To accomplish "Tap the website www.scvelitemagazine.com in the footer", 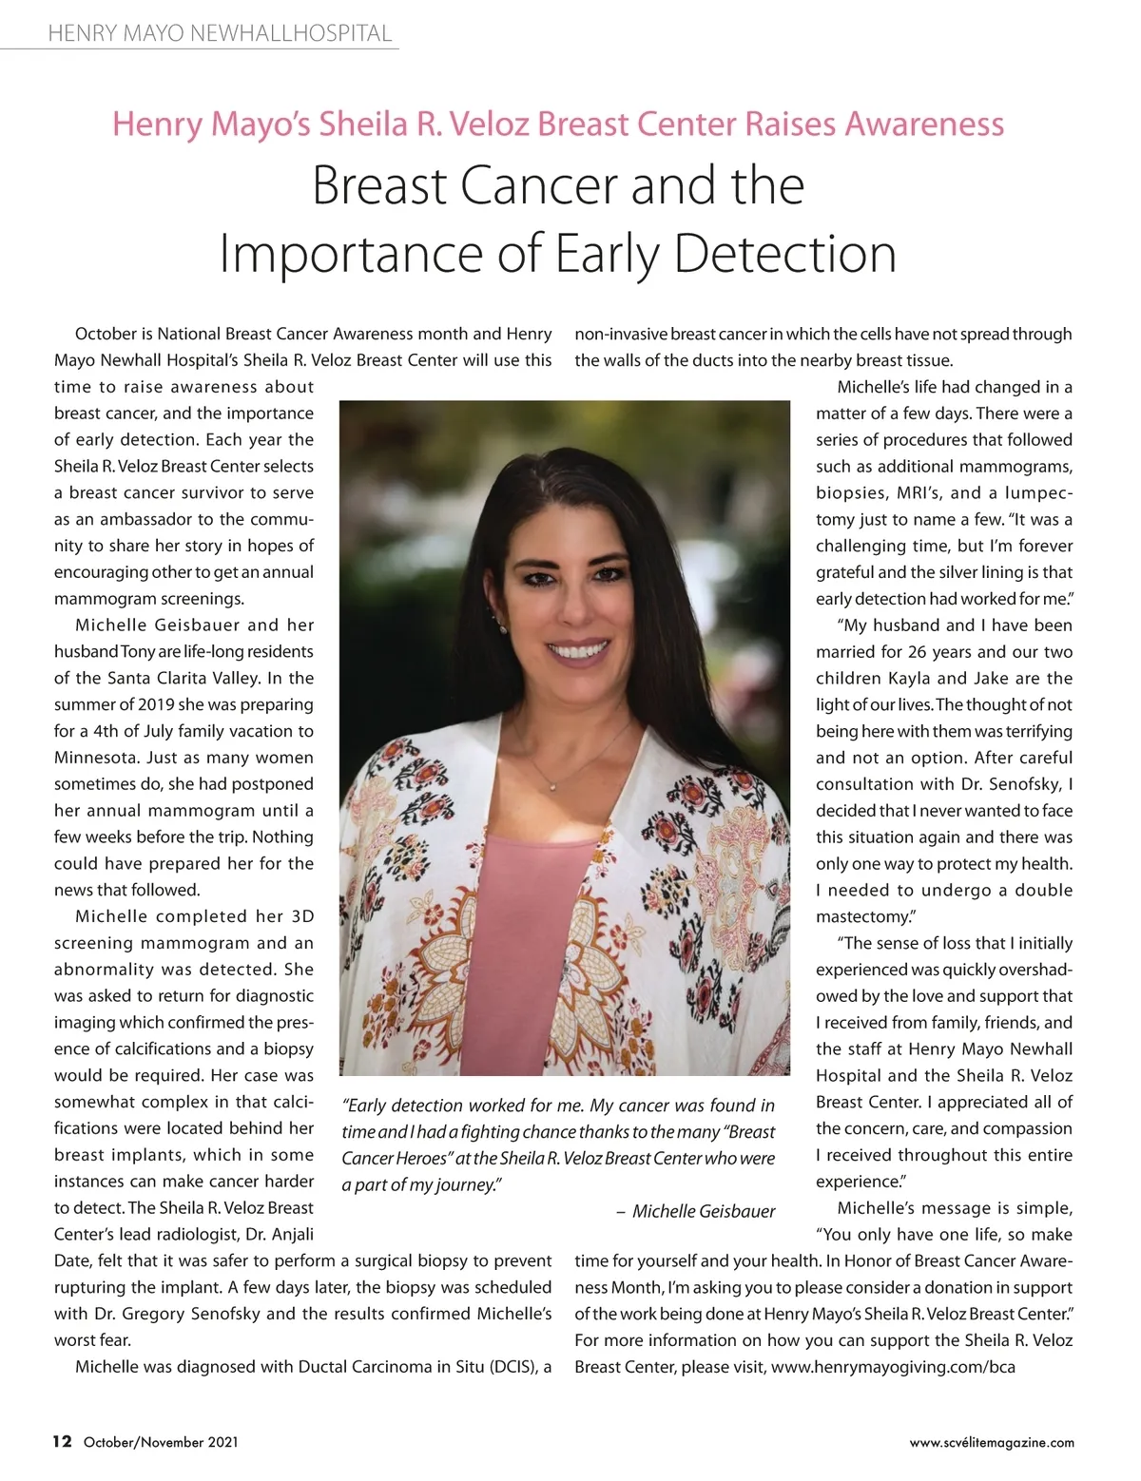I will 992,1442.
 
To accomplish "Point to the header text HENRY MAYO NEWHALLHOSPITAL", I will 220,34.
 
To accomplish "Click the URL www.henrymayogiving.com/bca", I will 893,1367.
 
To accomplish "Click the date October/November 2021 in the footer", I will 161,1442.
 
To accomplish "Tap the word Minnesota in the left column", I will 98,758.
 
